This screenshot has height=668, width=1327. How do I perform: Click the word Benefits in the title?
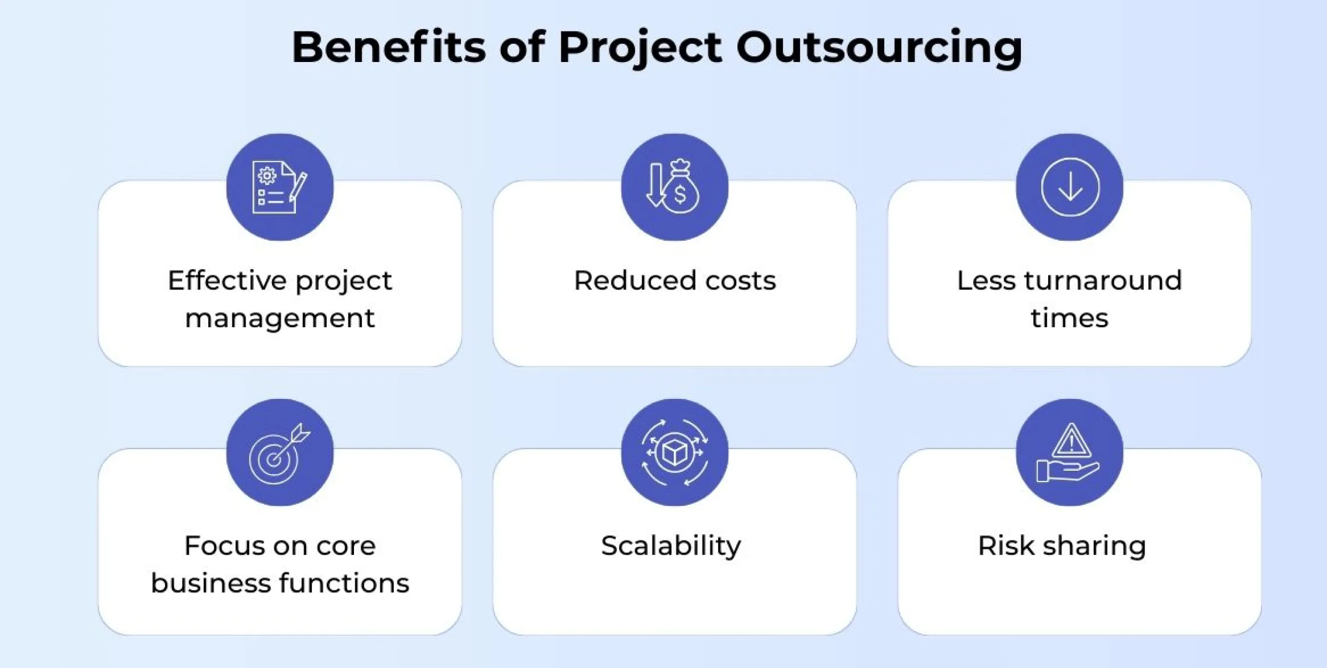(389, 47)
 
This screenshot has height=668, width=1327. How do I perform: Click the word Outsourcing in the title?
(879, 47)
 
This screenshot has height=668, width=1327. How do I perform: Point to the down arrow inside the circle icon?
(1070, 187)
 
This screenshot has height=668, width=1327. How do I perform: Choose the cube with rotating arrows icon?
(674, 453)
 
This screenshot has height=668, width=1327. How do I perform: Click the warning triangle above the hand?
(1071, 441)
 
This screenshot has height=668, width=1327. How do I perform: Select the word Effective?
(227, 281)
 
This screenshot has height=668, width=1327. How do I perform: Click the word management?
(279, 318)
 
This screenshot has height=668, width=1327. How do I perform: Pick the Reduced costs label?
(674, 281)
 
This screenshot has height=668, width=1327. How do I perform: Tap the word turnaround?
(1102, 281)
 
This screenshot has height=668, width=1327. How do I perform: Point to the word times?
(1069, 318)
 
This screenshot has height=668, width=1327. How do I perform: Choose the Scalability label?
(671, 546)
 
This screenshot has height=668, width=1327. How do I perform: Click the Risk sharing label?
(1062, 546)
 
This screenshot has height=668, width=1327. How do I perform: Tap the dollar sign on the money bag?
(680, 195)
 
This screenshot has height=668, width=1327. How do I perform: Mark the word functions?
(344, 583)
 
